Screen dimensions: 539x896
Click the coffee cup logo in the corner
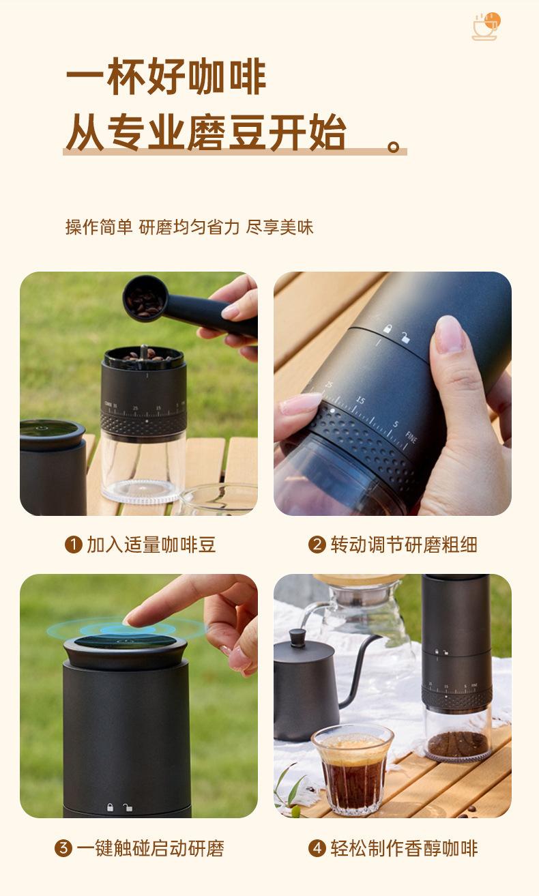486,27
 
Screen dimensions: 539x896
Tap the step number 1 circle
73,545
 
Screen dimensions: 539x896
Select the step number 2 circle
317,545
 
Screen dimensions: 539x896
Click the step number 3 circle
63,848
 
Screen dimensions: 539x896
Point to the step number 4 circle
317,848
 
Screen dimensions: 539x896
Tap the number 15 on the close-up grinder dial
361,400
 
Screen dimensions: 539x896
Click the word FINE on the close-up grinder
411,437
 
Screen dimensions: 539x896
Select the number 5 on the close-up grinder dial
396,424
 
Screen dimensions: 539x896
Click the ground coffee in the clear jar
458,744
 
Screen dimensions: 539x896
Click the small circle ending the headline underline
394,147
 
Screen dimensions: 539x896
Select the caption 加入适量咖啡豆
151,545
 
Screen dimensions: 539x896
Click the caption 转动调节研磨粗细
404,545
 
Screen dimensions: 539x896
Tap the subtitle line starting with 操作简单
189,227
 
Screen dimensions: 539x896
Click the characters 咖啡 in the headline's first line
227,76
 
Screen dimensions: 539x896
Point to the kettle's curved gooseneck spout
359,666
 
